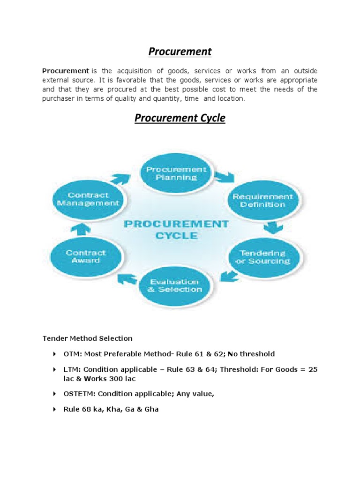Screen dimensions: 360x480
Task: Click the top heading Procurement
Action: pos(180,52)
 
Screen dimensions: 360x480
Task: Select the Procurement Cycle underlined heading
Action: pos(180,118)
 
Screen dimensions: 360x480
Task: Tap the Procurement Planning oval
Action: pos(174,173)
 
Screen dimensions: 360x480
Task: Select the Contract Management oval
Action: pos(88,199)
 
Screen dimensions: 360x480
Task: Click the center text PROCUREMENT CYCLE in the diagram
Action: pos(176,229)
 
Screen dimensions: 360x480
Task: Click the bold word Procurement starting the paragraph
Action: pos(66,71)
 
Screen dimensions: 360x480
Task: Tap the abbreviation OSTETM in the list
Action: pos(78,394)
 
